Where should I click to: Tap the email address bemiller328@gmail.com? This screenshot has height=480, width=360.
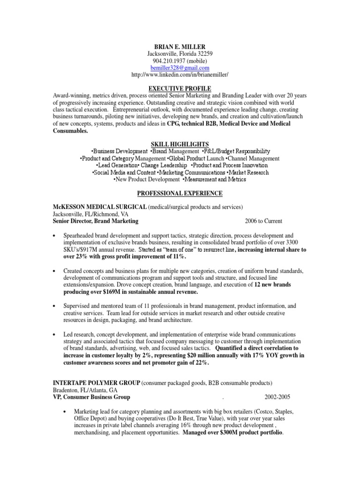click(180, 68)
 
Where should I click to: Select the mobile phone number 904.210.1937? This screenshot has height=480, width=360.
click(180, 61)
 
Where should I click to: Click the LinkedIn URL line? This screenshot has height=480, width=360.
click(180, 75)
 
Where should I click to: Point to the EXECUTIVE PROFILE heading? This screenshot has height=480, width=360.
click(180, 88)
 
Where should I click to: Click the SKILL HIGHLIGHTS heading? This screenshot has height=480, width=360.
click(180, 144)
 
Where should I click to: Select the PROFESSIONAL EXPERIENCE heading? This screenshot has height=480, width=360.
click(180, 193)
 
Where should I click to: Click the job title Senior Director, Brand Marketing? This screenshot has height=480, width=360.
click(96, 221)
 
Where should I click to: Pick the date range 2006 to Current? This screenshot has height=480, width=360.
click(263, 221)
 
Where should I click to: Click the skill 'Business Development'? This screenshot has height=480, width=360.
click(120, 151)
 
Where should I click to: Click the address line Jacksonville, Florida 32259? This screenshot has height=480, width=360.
click(180, 54)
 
